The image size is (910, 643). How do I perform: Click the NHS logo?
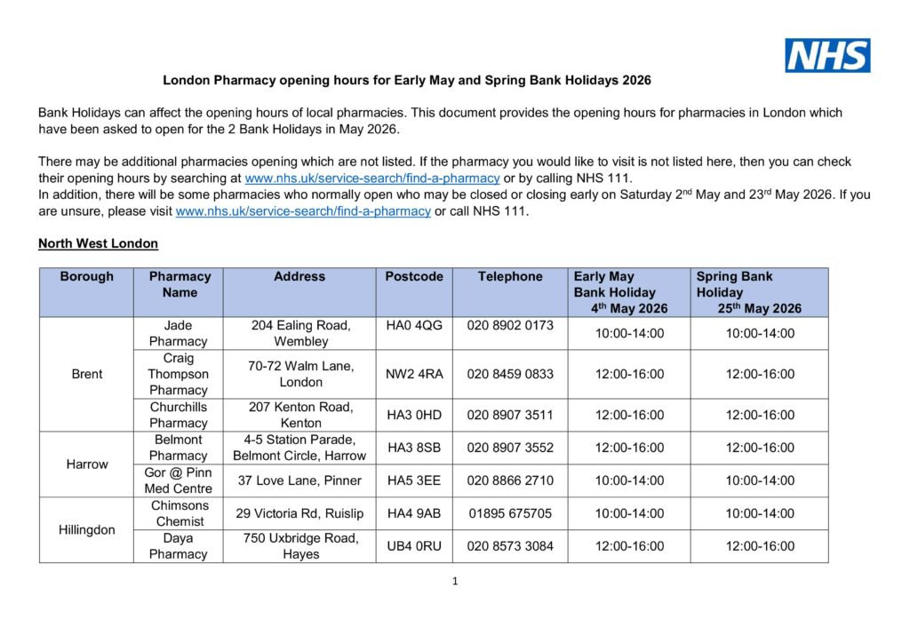[826, 55]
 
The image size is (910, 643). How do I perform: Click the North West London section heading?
[99, 243]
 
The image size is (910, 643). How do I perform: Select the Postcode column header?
[414, 276]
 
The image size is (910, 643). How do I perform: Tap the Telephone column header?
[510, 276]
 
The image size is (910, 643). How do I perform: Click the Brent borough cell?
[86, 374]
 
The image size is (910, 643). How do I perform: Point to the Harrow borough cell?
[86, 464]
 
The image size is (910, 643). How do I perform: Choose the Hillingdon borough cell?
[86, 529]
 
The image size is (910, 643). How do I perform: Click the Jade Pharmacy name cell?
[178, 333]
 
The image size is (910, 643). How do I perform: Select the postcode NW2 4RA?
[414, 374]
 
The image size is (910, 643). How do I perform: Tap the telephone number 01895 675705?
[510, 513]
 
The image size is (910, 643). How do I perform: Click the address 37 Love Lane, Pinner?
[299, 480]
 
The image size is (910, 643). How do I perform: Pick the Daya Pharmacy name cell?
[178, 546]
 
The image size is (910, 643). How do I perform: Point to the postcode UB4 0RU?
[414, 546]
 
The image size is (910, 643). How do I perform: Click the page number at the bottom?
[455, 582]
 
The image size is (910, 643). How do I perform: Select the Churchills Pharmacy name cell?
[178, 415]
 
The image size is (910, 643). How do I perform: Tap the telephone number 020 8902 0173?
[510, 325]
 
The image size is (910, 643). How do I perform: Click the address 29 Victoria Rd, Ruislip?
[299, 513]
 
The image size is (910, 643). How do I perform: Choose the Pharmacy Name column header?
[180, 284]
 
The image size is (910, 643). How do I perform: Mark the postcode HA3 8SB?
[414, 448]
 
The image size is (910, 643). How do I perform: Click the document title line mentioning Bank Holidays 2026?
[407, 80]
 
